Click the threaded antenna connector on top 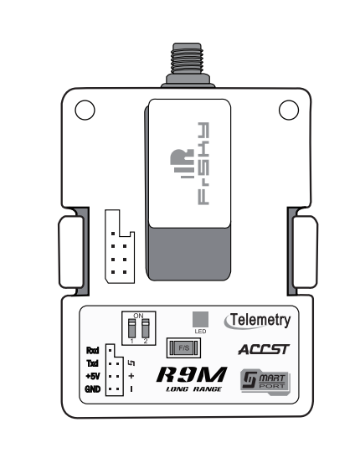(188, 64)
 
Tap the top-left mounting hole (85, 111)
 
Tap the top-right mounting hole (289, 111)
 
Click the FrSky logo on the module (190, 163)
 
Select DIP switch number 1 (132, 328)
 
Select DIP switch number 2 (146, 328)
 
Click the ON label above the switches (138, 316)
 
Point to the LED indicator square (201, 319)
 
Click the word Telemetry (260, 320)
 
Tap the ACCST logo (264, 349)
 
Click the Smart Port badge (265, 382)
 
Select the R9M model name (192, 374)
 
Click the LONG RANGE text (194, 389)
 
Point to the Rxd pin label (93, 350)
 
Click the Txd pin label (93, 363)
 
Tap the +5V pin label (93, 376)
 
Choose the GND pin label (93, 389)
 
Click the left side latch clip (71, 252)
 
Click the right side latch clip (305, 252)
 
